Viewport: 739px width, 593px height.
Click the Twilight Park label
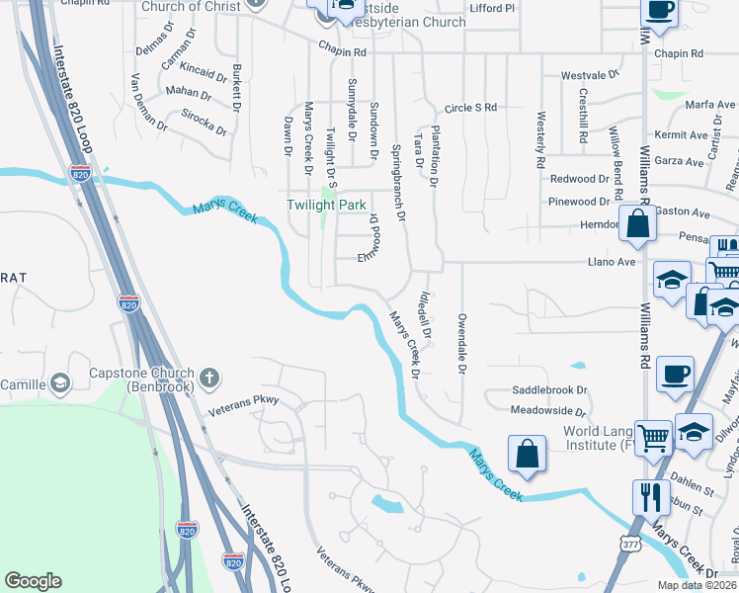click(325, 205)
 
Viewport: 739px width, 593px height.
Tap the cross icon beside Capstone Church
click(208, 377)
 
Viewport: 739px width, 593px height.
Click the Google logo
click(33, 581)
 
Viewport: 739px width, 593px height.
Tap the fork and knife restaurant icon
click(649, 496)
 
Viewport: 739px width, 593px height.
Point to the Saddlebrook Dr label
click(548, 390)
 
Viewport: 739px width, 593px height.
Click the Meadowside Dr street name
click(548, 410)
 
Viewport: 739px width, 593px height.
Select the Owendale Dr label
click(461, 344)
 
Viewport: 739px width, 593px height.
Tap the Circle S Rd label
click(470, 108)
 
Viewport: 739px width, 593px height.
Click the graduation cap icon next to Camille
click(59, 383)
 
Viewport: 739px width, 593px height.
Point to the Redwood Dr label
click(579, 179)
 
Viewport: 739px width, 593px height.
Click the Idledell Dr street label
click(426, 315)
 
